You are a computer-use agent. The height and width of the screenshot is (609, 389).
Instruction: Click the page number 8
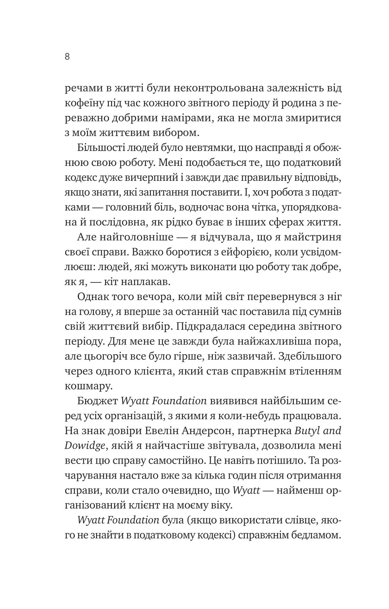pyautogui.click(x=67, y=57)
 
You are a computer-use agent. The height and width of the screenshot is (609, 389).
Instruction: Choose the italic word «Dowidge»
pyautogui.click(x=86, y=446)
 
